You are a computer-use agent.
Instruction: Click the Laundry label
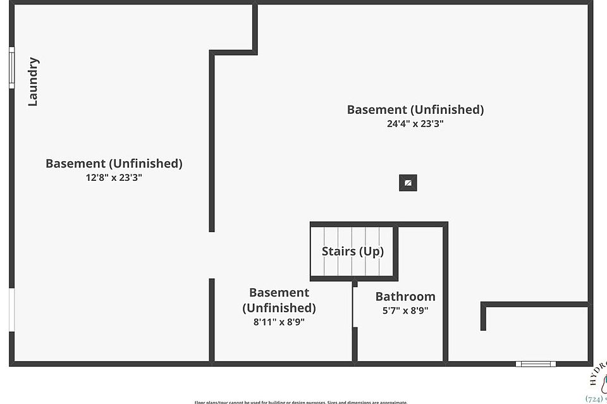pyautogui.click(x=34, y=82)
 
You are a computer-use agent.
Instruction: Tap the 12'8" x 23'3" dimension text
pyautogui.click(x=114, y=178)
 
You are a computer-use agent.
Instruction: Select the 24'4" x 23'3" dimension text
pyautogui.click(x=415, y=124)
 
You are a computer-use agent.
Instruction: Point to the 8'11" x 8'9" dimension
pyautogui.click(x=279, y=321)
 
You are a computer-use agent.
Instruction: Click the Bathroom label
pyautogui.click(x=405, y=297)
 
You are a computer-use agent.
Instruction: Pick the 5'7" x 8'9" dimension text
pyautogui.click(x=405, y=310)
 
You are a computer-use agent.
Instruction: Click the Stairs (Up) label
pyautogui.click(x=352, y=251)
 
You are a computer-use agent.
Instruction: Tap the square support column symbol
pyautogui.click(x=408, y=183)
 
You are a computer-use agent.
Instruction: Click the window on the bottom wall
pyautogui.click(x=536, y=364)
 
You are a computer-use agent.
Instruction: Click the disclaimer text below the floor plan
pyautogui.click(x=301, y=401)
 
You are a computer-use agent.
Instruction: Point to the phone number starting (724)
pyautogui.click(x=596, y=399)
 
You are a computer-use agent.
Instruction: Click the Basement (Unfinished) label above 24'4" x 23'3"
pyautogui.click(x=415, y=109)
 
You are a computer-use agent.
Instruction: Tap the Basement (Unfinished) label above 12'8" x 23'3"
pyautogui.click(x=114, y=163)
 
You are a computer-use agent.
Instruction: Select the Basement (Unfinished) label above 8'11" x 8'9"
pyautogui.click(x=279, y=300)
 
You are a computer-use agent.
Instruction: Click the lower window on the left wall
pyautogui.click(x=11, y=310)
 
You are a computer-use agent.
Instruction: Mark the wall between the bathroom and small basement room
pyautogui.click(x=355, y=322)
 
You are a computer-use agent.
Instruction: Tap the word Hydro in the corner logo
pyautogui.click(x=597, y=373)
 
